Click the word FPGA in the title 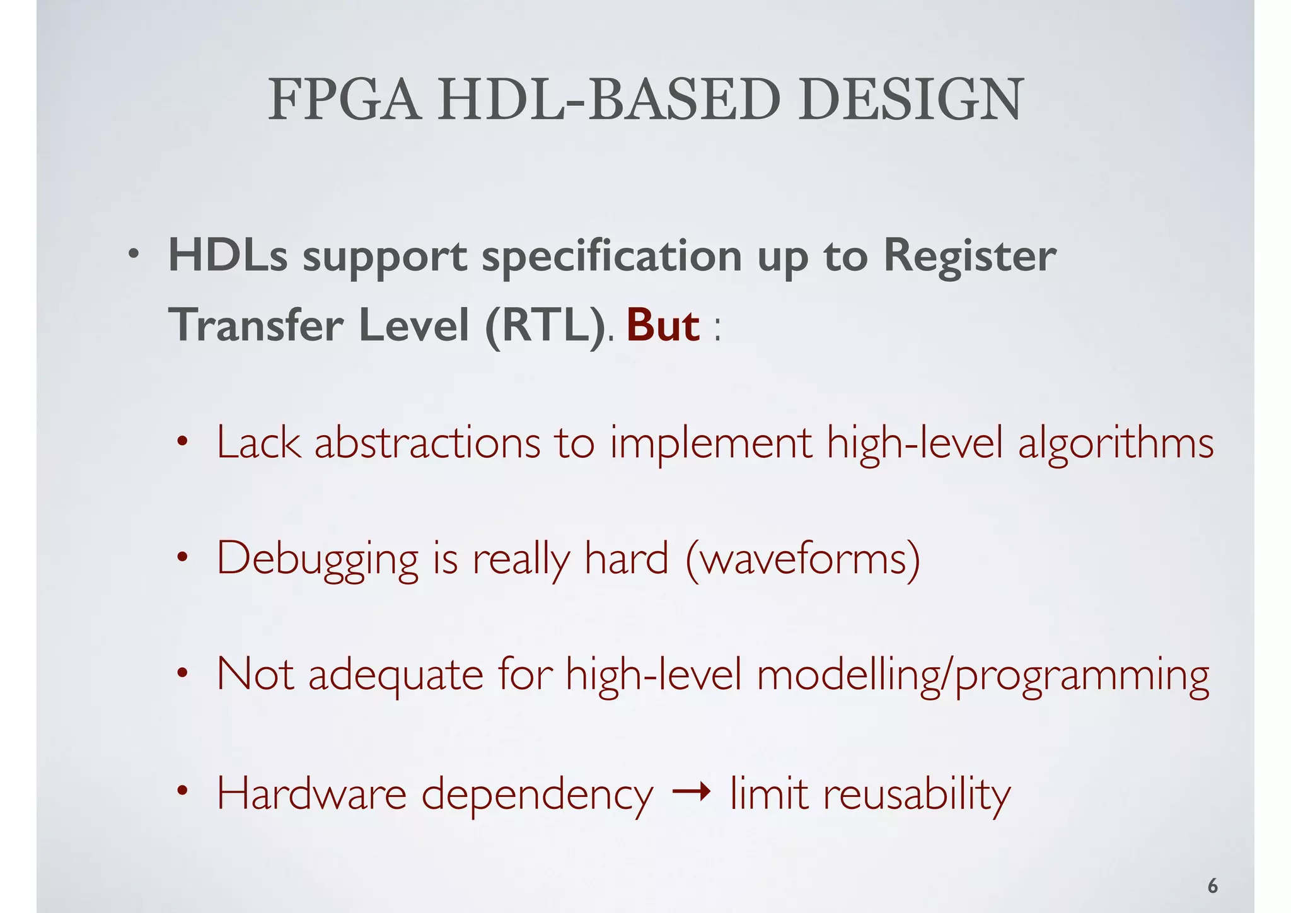coord(344,100)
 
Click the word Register coord(969,257)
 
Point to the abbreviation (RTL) coord(545,326)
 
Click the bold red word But coord(663,326)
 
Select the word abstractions coord(427,443)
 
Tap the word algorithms coord(1116,444)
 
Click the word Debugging coord(317,559)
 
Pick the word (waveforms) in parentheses coord(802,559)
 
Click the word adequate coord(396,675)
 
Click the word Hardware coord(311,793)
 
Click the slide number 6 coord(1212,887)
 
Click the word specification coord(611,257)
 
